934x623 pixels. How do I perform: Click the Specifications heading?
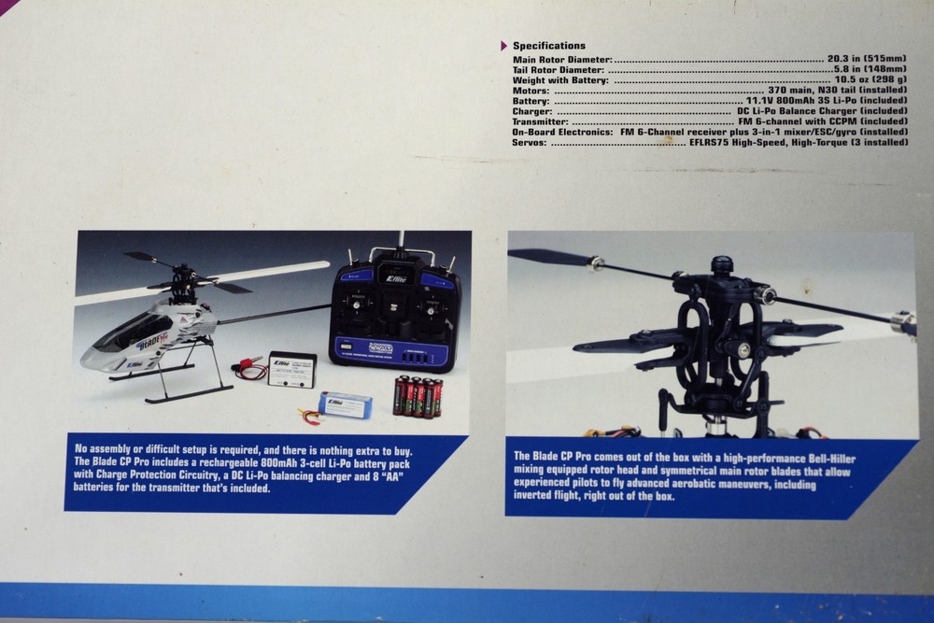pyautogui.click(x=549, y=45)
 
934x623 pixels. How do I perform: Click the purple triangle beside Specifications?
pyautogui.click(x=504, y=45)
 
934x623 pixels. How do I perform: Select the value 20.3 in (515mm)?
pyautogui.click(x=867, y=58)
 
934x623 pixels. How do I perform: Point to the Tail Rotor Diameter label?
pyautogui.click(x=559, y=69)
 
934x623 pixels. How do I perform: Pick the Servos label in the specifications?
pyautogui.click(x=531, y=142)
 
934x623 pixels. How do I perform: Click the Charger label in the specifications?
pyautogui.click(x=533, y=111)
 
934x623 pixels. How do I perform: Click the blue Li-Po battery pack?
pyautogui.click(x=345, y=404)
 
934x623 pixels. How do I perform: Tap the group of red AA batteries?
pyautogui.click(x=417, y=395)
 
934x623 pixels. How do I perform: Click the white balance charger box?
pyautogui.click(x=292, y=367)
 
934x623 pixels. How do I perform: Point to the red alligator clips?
pyautogui.click(x=248, y=365)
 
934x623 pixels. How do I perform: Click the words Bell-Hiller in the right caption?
pyautogui.click(x=824, y=458)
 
